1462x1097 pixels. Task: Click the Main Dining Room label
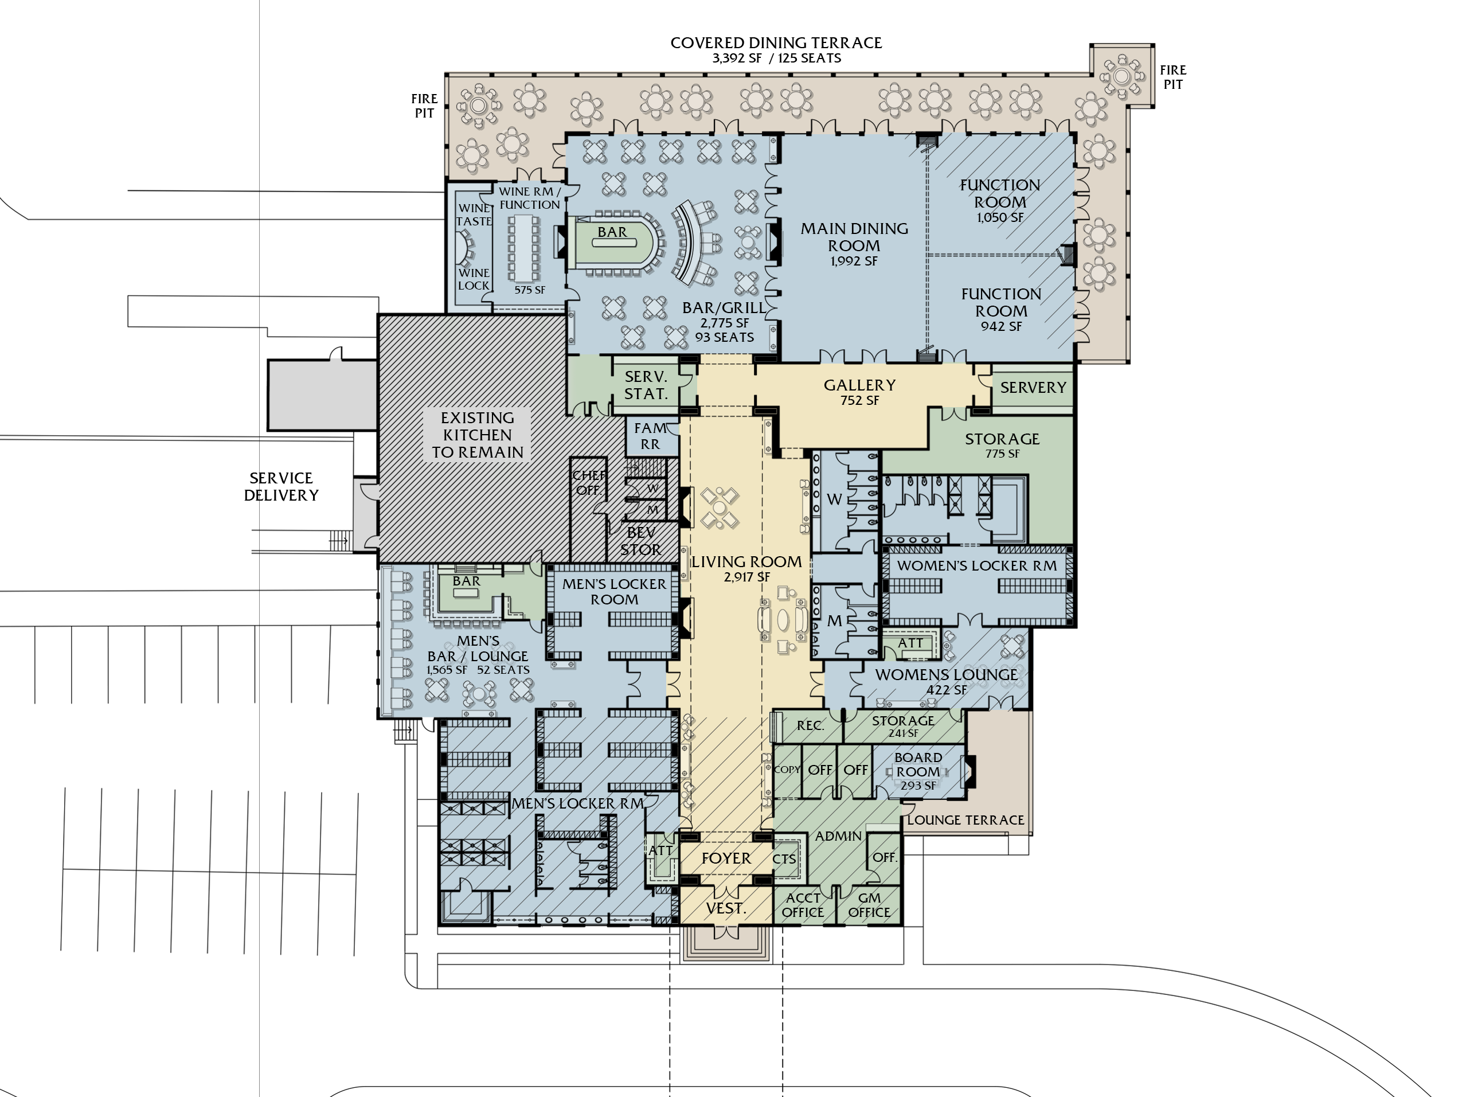854,243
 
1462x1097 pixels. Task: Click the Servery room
1033,388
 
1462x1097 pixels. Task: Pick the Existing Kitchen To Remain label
477,435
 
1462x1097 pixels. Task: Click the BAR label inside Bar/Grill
612,232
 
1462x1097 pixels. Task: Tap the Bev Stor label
640,540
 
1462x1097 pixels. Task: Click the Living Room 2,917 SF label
746,568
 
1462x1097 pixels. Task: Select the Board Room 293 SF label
918,771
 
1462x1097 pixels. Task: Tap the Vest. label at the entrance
726,908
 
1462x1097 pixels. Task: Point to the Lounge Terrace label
965,820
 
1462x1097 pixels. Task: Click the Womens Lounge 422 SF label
946,681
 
